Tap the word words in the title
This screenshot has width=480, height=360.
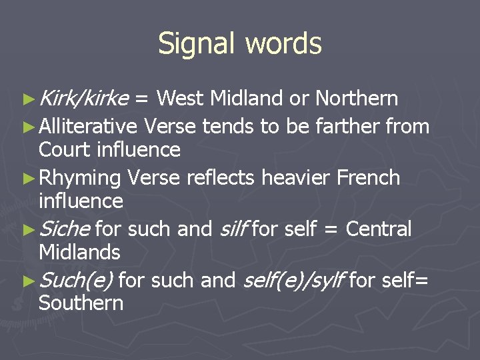[x=283, y=44]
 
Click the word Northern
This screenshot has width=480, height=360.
[x=357, y=99]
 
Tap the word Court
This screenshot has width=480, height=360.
[x=65, y=149]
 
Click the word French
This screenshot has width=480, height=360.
[x=369, y=177]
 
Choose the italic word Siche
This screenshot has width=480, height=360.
[x=65, y=229]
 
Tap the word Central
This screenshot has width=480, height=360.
[x=379, y=229]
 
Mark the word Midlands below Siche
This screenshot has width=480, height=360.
[x=79, y=253]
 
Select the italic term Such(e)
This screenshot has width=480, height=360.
[x=75, y=281]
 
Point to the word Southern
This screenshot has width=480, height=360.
[x=81, y=303]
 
